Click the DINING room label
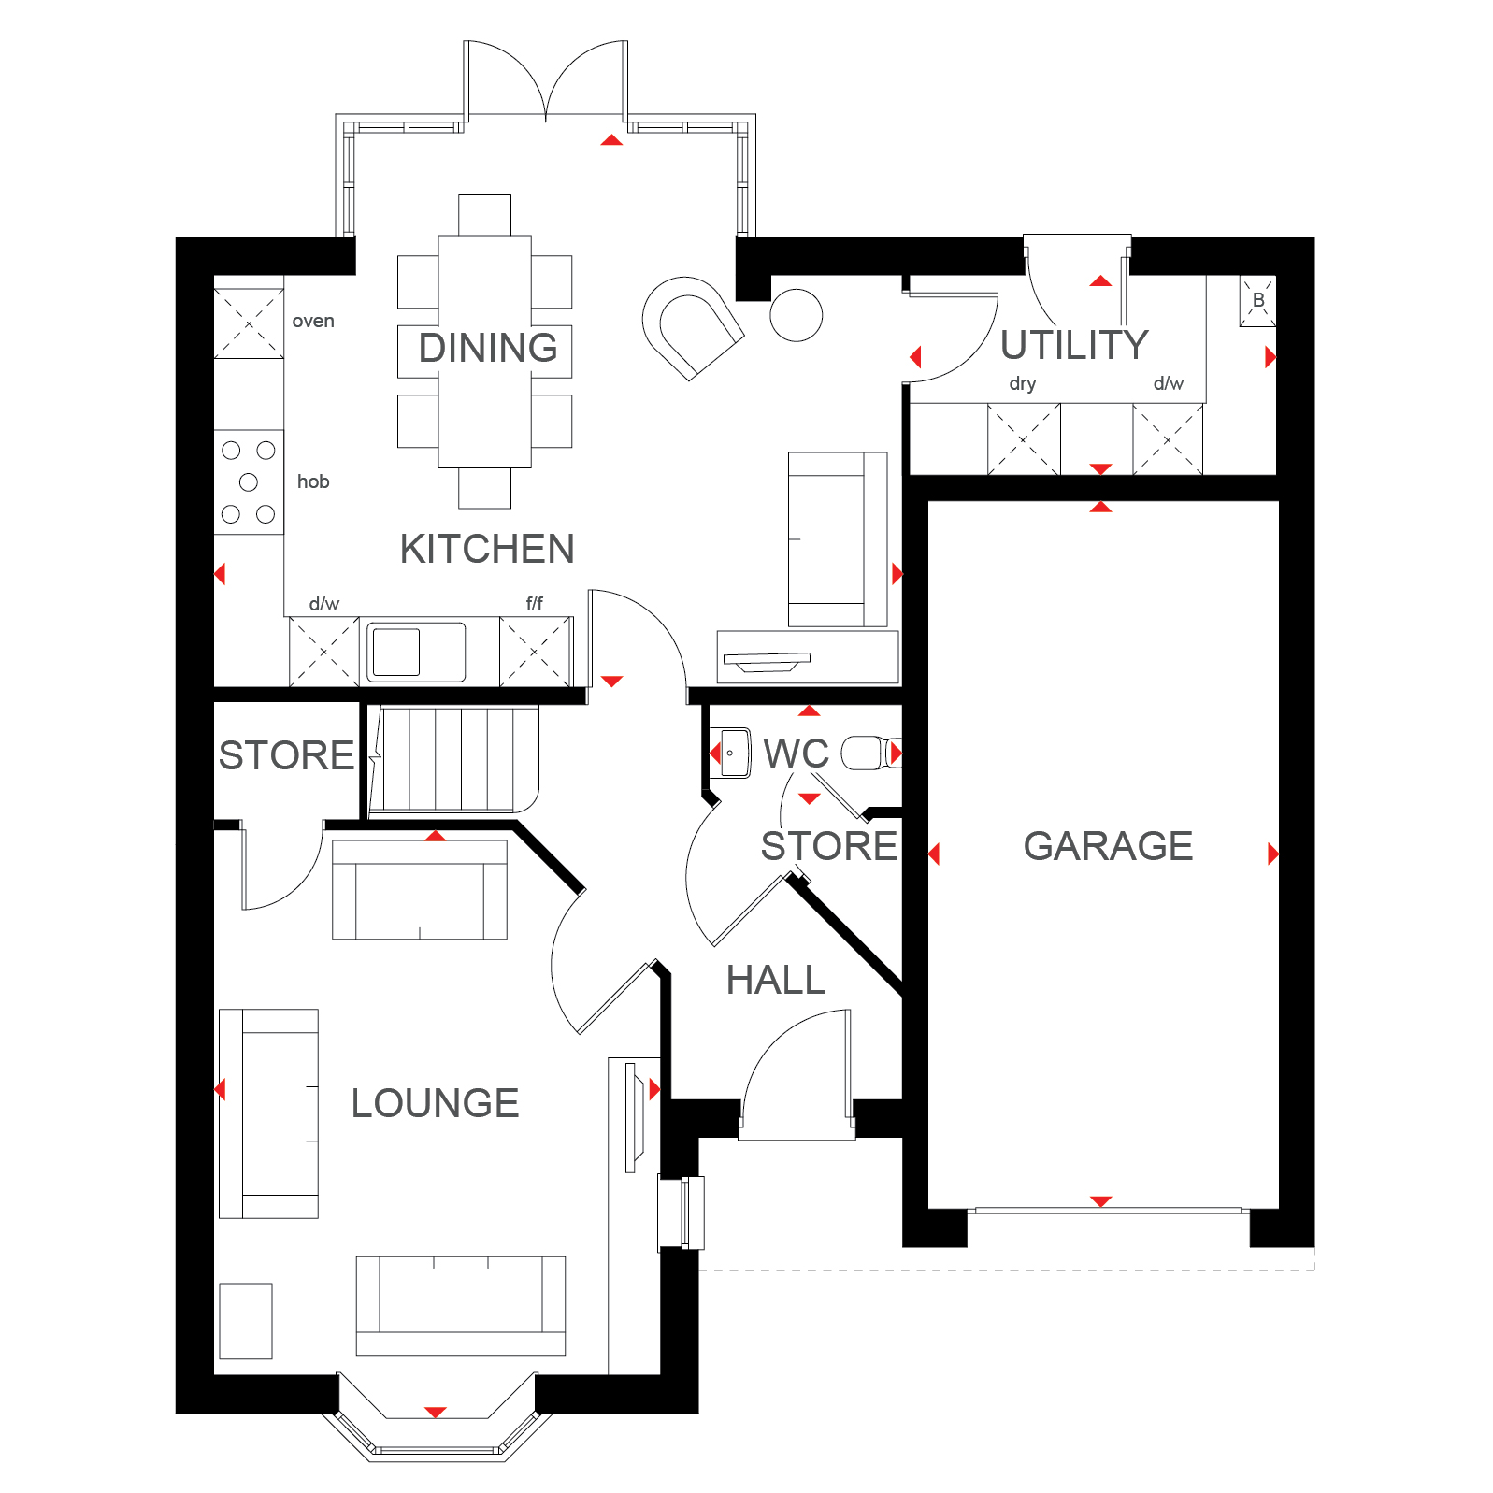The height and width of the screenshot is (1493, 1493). pyautogui.click(x=487, y=348)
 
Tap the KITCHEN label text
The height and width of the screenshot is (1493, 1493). pyautogui.click(x=486, y=549)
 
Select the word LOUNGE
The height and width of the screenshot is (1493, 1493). pyautogui.click(x=435, y=1103)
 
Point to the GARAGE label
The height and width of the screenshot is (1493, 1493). pyautogui.click(x=1108, y=846)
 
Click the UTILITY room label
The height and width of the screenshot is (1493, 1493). pyautogui.click(x=1074, y=345)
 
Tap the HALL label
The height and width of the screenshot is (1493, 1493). pyautogui.click(x=775, y=981)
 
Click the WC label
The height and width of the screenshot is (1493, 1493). pyautogui.click(x=796, y=754)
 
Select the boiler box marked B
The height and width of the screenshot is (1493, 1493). pyautogui.click(x=1257, y=301)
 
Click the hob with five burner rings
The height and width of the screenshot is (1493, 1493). pyautogui.click(x=249, y=482)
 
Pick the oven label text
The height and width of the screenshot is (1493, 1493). pyautogui.click(x=313, y=322)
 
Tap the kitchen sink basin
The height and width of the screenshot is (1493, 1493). pyautogui.click(x=396, y=652)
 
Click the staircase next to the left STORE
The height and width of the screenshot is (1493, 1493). pyautogui.click(x=453, y=760)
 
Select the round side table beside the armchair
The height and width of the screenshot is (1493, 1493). pyautogui.click(x=796, y=315)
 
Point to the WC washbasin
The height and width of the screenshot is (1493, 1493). pyautogui.click(x=735, y=753)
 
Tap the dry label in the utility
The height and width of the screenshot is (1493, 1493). pyautogui.click(x=1022, y=384)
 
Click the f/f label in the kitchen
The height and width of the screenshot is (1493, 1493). pyautogui.click(x=534, y=604)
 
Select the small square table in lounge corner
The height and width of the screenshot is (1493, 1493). pyautogui.click(x=246, y=1320)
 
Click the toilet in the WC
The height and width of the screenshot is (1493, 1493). pyautogui.click(x=868, y=753)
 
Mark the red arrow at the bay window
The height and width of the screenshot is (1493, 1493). pyautogui.click(x=436, y=1412)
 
